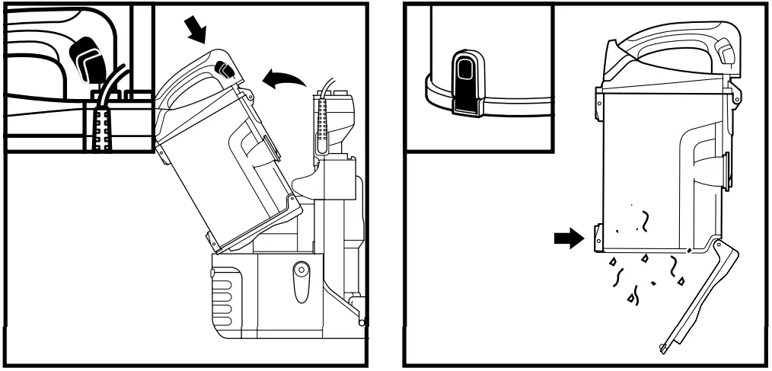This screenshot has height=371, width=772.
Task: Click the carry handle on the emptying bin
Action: (x=670, y=38)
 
